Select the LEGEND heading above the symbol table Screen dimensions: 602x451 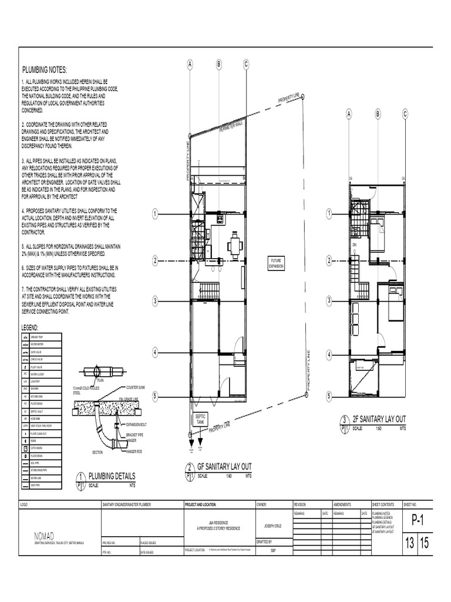pyautogui.click(x=30, y=327)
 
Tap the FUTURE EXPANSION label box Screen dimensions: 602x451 pyautogui.click(x=276, y=262)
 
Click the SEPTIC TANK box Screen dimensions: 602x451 pyautogui.click(x=200, y=418)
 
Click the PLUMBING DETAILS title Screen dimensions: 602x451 pyautogui.click(x=111, y=476)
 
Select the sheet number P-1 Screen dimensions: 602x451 pyautogui.click(x=417, y=520)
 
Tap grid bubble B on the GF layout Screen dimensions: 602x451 pyautogui.click(x=218, y=63)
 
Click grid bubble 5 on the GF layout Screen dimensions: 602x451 pyautogui.click(x=155, y=397)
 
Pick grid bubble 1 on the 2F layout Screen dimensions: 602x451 pyautogui.click(x=329, y=214)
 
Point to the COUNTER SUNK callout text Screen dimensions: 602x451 pyautogui.click(x=137, y=387)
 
